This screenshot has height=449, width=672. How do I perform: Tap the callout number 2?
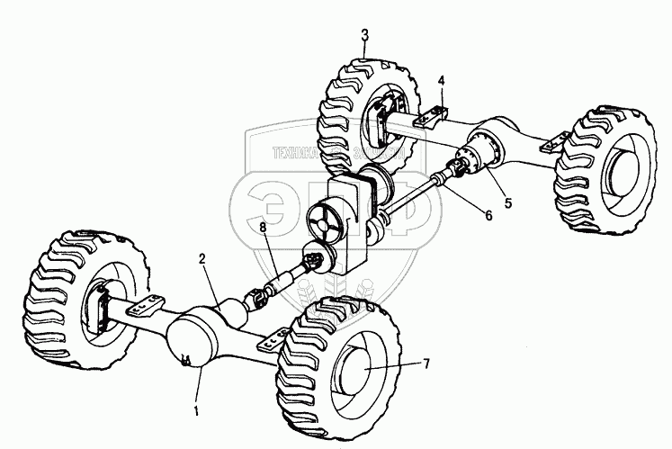202,259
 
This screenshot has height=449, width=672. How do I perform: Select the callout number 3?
364,35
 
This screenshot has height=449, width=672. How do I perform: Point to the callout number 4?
442,80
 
